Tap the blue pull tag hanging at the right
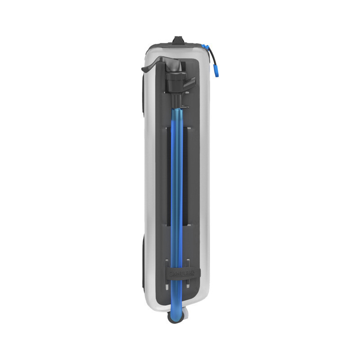tap(216, 70)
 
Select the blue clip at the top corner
tap(206, 45)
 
